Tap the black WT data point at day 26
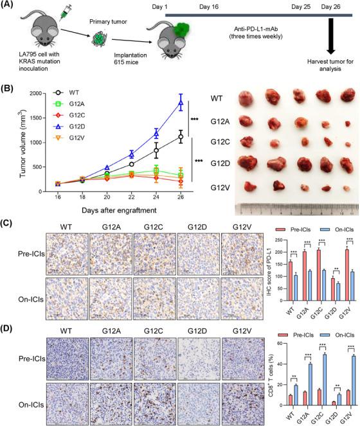click(x=180, y=137)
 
